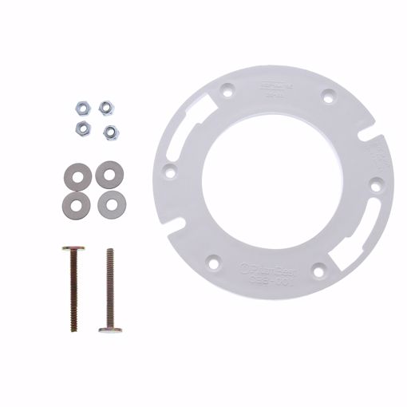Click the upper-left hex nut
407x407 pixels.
pyautogui.click(x=81, y=106)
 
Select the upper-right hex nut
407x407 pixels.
pyautogui.click(x=105, y=106)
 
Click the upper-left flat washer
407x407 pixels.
pyautogui.click(x=77, y=173)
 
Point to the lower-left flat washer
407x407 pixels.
pyautogui.click(x=76, y=203)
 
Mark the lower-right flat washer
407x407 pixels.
pyautogui.click(x=110, y=203)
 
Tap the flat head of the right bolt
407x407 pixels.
pyautogui.click(x=110, y=329)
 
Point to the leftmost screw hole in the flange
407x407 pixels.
pyautogui.click(x=170, y=170)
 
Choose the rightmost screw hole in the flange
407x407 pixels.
pyautogui.click(x=375, y=185)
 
